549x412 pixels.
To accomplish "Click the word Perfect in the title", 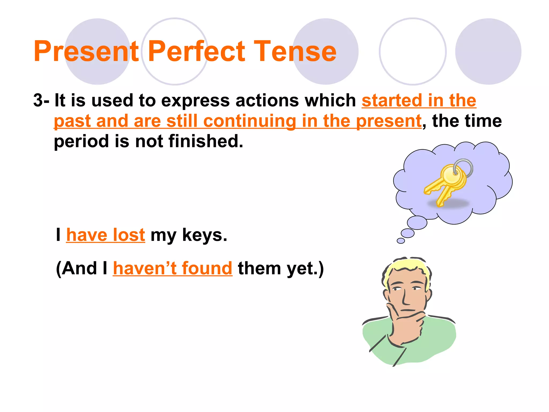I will click(x=196, y=51).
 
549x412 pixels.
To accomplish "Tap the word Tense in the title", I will click(x=295, y=51).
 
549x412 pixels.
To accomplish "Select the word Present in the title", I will click(x=86, y=51).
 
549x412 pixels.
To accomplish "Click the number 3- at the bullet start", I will click(x=41, y=100).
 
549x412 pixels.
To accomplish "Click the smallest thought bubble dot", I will click(x=401, y=241).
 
